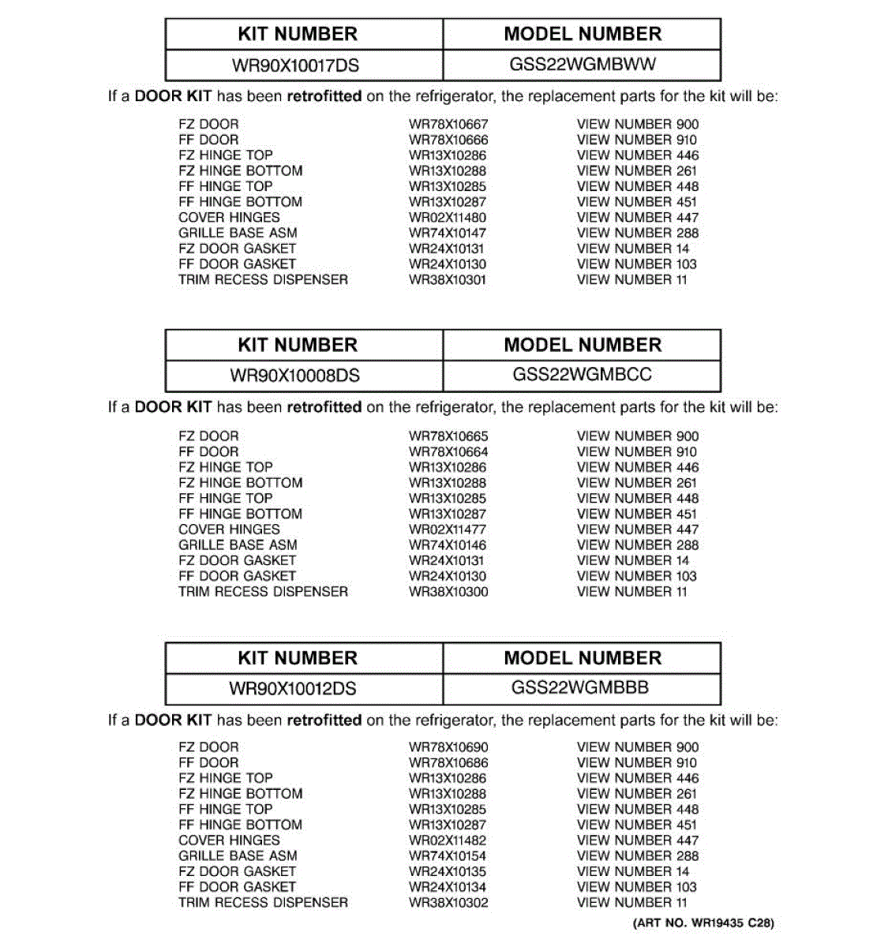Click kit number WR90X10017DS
[x=295, y=66]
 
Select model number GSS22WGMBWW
[x=583, y=65]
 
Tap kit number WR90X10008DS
[x=294, y=376]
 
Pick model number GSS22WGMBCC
[x=583, y=375]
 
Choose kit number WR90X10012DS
[x=293, y=689]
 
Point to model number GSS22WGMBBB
[x=580, y=687]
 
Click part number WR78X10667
[x=448, y=125]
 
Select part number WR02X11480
[x=448, y=218]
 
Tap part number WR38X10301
[x=448, y=280]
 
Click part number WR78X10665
[x=448, y=436]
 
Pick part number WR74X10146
[x=448, y=545]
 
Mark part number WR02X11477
[x=448, y=530]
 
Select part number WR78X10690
[x=448, y=747]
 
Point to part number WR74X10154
[x=448, y=856]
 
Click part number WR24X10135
[x=448, y=872]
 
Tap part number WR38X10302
[x=448, y=903]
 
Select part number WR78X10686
[x=448, y=763]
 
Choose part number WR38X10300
[x=448, y=592]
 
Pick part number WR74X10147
[x=448, y=234]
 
